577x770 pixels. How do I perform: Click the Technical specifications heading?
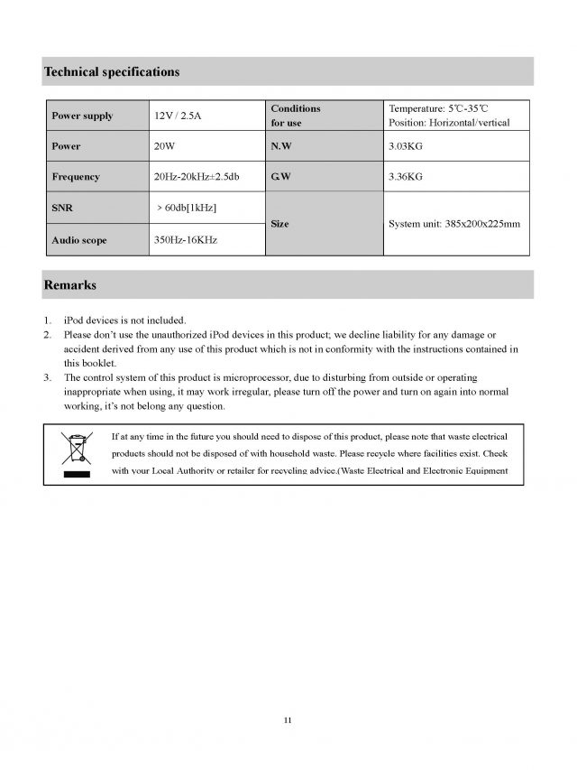click(111, 71)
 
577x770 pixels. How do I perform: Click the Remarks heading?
click(70, 285)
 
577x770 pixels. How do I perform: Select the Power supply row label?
click(82, 116)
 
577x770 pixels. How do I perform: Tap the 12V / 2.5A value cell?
click(178, 116)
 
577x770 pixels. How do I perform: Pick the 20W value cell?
click(165, 146)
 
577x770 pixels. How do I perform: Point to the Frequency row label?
click(76, 177)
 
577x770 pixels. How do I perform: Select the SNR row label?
click(61, 209)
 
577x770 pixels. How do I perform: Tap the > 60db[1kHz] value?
click(187, 209)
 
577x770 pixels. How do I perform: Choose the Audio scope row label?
click(81, 239)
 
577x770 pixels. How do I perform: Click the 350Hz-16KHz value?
click(186, 239)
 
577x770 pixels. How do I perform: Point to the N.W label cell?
click(279, 146)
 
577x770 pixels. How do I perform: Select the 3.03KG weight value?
click(405, 146)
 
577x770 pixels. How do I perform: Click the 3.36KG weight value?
click(405, 177)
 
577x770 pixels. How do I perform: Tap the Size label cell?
click(279, 224)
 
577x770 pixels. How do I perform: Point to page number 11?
click(287, 720)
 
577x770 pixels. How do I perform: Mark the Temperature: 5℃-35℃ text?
click(437, 108)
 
